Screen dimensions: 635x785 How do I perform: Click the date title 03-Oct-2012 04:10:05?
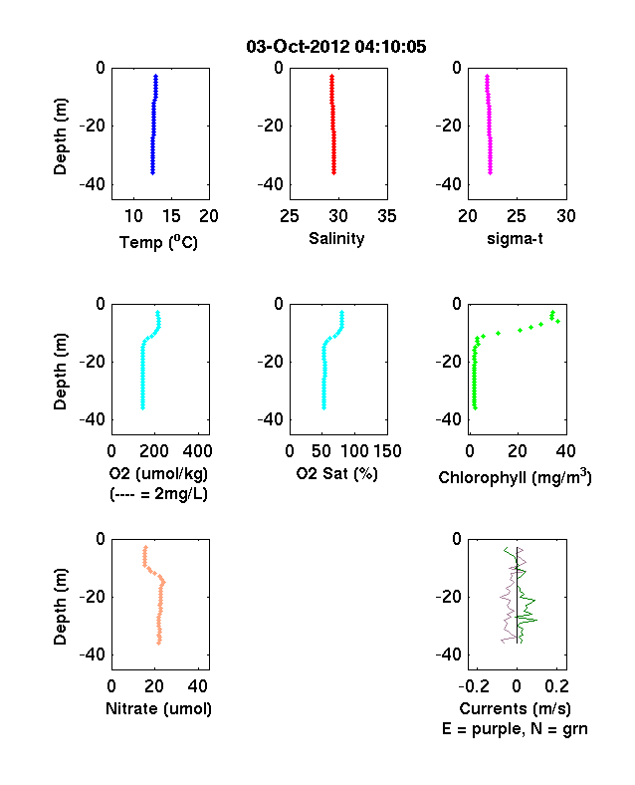[336, 47]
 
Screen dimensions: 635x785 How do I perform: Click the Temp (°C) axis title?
[158, 242]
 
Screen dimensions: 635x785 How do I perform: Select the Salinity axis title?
[336, 238]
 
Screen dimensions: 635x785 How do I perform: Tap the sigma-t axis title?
[515, 239]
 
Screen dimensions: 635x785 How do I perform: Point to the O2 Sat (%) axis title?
[336, 473]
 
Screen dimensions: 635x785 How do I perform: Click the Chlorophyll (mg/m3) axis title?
[515, 477]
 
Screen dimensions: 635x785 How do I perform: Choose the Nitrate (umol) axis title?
[158, 709]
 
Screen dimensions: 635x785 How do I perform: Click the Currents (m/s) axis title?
[515, 709]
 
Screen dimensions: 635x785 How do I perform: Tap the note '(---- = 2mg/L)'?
[158, 494]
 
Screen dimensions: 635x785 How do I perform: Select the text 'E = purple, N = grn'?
[515, 729]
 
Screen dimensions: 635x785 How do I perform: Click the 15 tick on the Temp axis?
[171, 216]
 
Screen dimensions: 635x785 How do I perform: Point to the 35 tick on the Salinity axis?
[387, 216]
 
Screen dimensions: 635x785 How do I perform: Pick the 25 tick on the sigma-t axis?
[516, 216]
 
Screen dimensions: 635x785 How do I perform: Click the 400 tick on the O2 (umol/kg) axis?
[197, 451]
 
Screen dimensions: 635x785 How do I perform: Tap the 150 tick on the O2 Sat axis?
[387, 451]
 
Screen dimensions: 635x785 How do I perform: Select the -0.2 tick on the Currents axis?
[475, 686]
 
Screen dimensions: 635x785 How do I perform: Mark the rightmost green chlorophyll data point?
[558, 322]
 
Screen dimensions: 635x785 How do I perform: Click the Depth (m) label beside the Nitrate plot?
[60, 607]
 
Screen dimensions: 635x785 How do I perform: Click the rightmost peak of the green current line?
[537, 621]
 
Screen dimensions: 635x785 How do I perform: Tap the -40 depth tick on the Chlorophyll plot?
[449, 419]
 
